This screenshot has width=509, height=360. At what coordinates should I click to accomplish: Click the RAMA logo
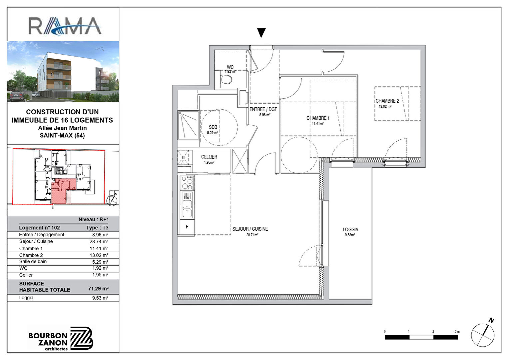coord(65,26)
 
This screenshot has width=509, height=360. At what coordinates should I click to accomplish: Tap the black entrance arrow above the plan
coord(261,33)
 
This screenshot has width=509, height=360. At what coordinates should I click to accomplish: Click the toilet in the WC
coord(226,80)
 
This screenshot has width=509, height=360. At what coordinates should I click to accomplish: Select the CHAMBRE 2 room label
coord(387,101)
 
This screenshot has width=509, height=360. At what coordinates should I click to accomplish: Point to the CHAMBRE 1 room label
coord(318,118)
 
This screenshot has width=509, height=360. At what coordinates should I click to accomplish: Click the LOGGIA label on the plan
coord(350,230)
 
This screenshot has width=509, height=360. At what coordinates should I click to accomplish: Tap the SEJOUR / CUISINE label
coord(250,229)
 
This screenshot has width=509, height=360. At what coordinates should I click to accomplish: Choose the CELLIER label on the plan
coord(209,157)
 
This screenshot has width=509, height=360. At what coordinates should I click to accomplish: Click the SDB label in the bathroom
coord(213,127)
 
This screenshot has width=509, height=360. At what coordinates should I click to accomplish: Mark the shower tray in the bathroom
coord(188,125)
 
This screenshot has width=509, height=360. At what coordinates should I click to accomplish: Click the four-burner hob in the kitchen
coord(187,183)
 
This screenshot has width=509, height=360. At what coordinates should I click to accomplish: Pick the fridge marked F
coord(187,227)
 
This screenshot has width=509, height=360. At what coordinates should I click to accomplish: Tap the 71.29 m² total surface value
coord(98,289)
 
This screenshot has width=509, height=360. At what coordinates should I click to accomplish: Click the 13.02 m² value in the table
coord(99,255)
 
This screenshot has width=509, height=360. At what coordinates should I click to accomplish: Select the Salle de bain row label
coord(33,262)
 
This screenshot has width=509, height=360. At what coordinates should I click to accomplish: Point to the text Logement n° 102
coord(39,228)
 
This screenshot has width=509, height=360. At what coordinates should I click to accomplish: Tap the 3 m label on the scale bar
coord(457,332)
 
